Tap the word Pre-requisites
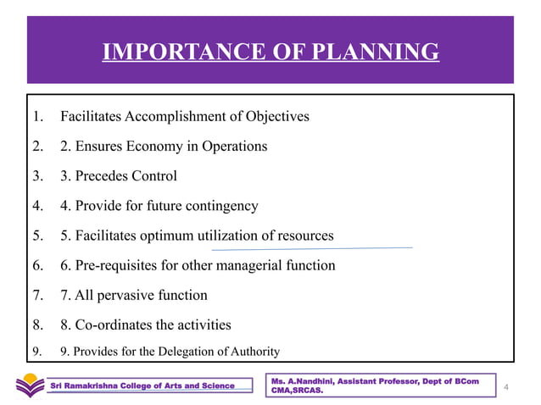(120, 266)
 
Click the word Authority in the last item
(252, 352)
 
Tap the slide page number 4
(505, 387)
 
